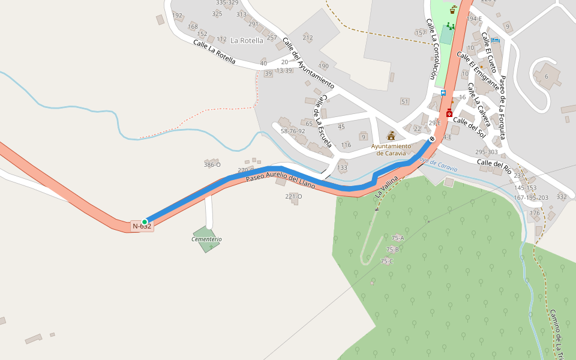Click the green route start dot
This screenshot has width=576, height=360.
145,222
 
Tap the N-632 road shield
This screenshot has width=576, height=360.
142,226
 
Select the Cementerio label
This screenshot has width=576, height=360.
206,239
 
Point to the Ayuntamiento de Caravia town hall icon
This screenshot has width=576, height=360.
391,136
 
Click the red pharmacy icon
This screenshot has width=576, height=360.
449,113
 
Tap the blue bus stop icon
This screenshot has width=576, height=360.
443,92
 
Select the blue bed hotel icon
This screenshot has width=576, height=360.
495,40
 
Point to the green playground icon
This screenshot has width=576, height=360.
450,26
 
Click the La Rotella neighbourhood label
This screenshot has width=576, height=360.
247,41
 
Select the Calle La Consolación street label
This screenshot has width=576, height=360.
431,49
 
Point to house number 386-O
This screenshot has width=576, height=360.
212,164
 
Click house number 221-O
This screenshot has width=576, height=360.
293,196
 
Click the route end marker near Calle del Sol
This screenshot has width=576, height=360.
432,139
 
